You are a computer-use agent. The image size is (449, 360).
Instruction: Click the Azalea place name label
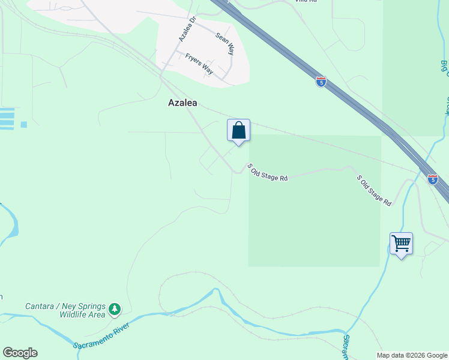click(182, 103)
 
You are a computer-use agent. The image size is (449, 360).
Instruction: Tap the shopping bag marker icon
click(239, 130)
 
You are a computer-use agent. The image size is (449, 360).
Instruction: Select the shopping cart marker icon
click(401, 244)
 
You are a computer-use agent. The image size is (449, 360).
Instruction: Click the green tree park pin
click(114, 310)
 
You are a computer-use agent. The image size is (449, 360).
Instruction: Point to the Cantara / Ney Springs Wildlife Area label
click(65, 310)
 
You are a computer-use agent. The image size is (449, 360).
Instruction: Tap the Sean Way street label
click(224, 44)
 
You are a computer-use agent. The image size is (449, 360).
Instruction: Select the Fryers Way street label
click(199, 62)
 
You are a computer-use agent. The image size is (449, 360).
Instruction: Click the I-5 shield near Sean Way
click(321, 82)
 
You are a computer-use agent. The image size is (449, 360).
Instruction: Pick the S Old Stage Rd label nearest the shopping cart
click(374, 191)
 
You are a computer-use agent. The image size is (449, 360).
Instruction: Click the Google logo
click(20, 353)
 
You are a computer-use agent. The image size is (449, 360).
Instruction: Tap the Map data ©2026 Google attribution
click(412, 355)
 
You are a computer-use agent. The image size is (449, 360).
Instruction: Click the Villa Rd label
click(305, 1)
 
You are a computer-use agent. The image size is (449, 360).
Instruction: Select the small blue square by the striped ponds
click(24, 125)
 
